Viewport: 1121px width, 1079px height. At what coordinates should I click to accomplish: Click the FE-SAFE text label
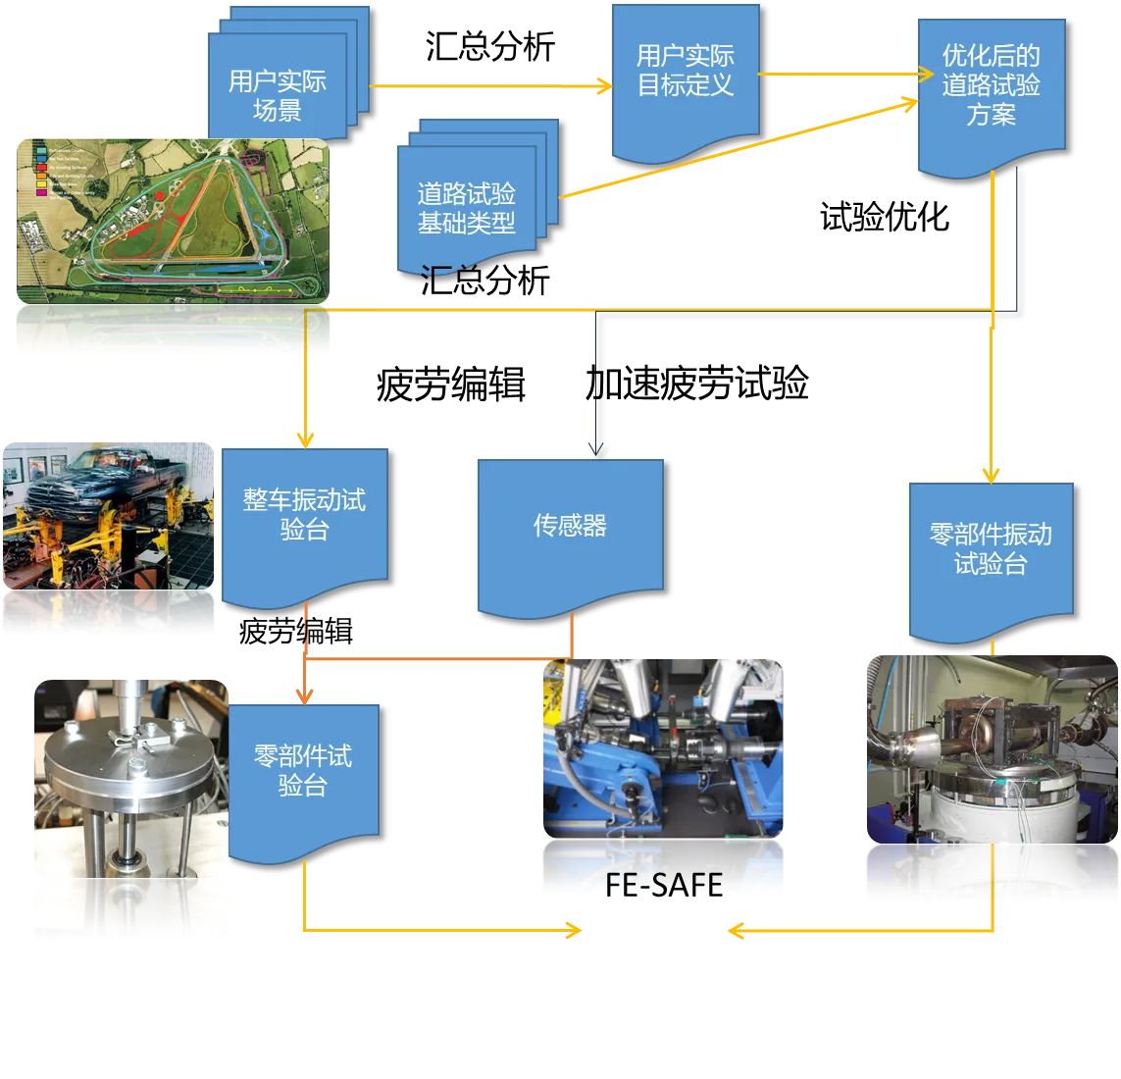click(663, 884)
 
